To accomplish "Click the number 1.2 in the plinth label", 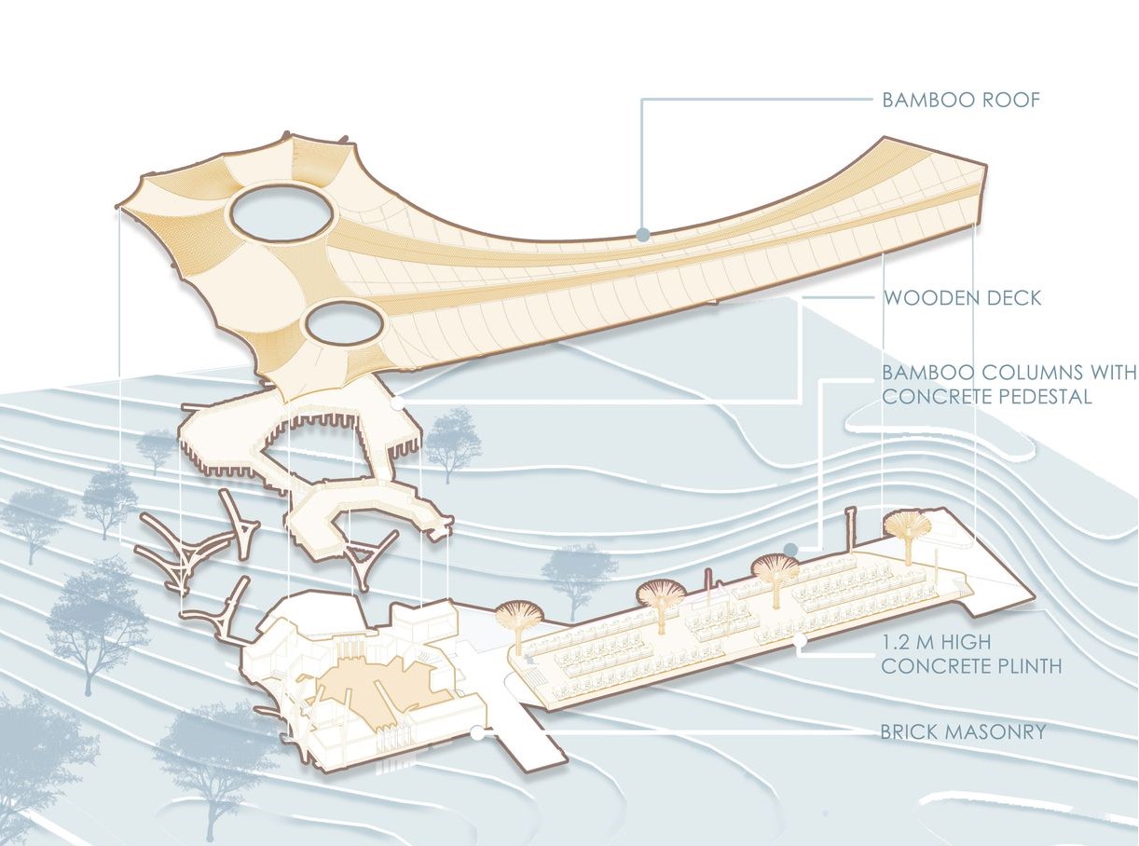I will point(898,642).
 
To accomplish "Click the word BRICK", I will point(909,732).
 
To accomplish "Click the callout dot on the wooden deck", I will point(398,404).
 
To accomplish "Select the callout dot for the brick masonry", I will point(477,733).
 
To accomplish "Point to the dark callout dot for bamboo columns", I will point(790,549).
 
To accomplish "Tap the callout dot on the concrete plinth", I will point(800,640).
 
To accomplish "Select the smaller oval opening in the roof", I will point(344,325).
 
